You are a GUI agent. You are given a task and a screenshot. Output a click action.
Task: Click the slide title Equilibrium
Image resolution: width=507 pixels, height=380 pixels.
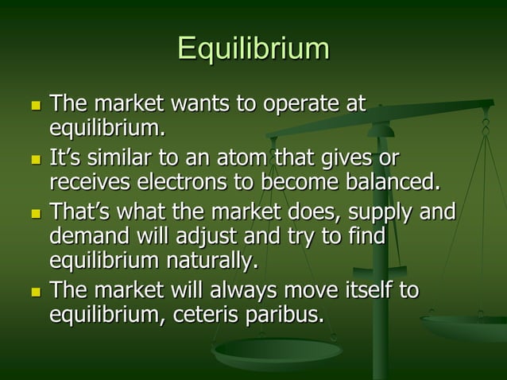click(253, 48)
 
